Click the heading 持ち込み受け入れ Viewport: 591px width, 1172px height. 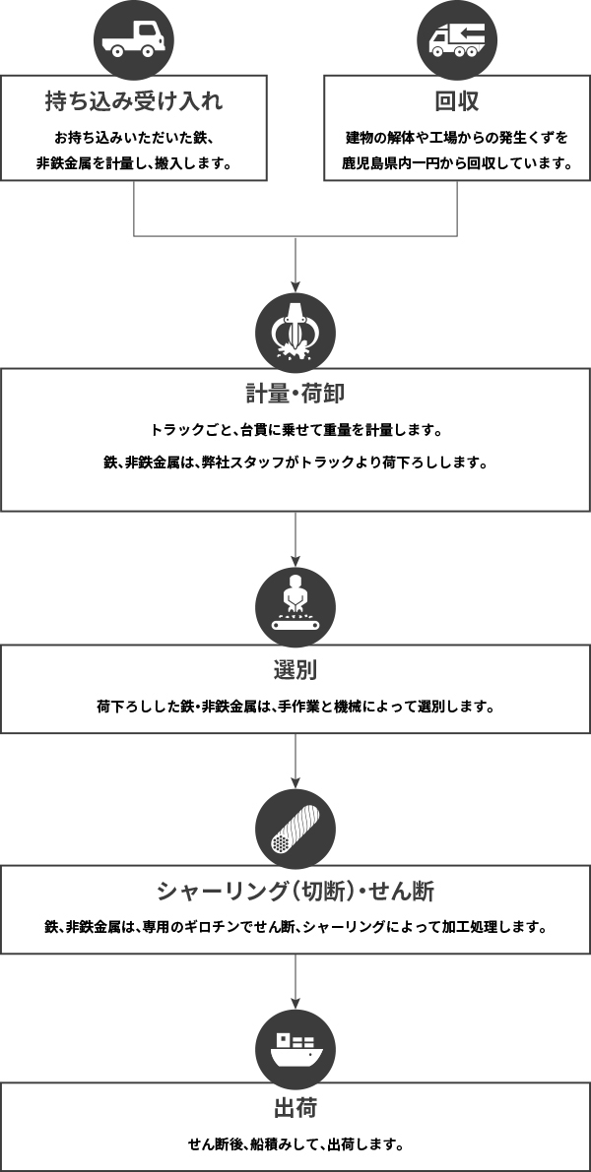(x=134, y=101)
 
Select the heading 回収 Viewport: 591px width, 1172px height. (x=457, y=101)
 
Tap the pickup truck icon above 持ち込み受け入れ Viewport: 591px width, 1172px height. (x=134, y=38)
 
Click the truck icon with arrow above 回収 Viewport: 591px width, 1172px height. (x=457, y=38)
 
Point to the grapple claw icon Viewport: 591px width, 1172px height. (x=295, y=333)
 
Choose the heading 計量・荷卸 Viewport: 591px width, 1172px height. (x=295, y=394)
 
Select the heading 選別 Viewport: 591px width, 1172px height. (x=295, y=670)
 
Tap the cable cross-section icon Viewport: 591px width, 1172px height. (x=295, y=829)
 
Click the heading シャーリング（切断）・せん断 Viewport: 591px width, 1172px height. (x=295, y=891)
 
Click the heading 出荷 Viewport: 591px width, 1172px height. (x=295, y=1108)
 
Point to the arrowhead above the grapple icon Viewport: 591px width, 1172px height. (x=295, y=286)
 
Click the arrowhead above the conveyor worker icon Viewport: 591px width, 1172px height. (x=295, y=561)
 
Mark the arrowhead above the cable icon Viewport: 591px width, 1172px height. (x=295, y=782)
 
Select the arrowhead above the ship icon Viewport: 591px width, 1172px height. (x=295, y=1003)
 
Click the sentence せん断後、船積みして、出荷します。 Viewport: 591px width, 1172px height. (x=295, y=1144)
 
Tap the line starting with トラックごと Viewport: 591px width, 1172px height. (x=295, y=431)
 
